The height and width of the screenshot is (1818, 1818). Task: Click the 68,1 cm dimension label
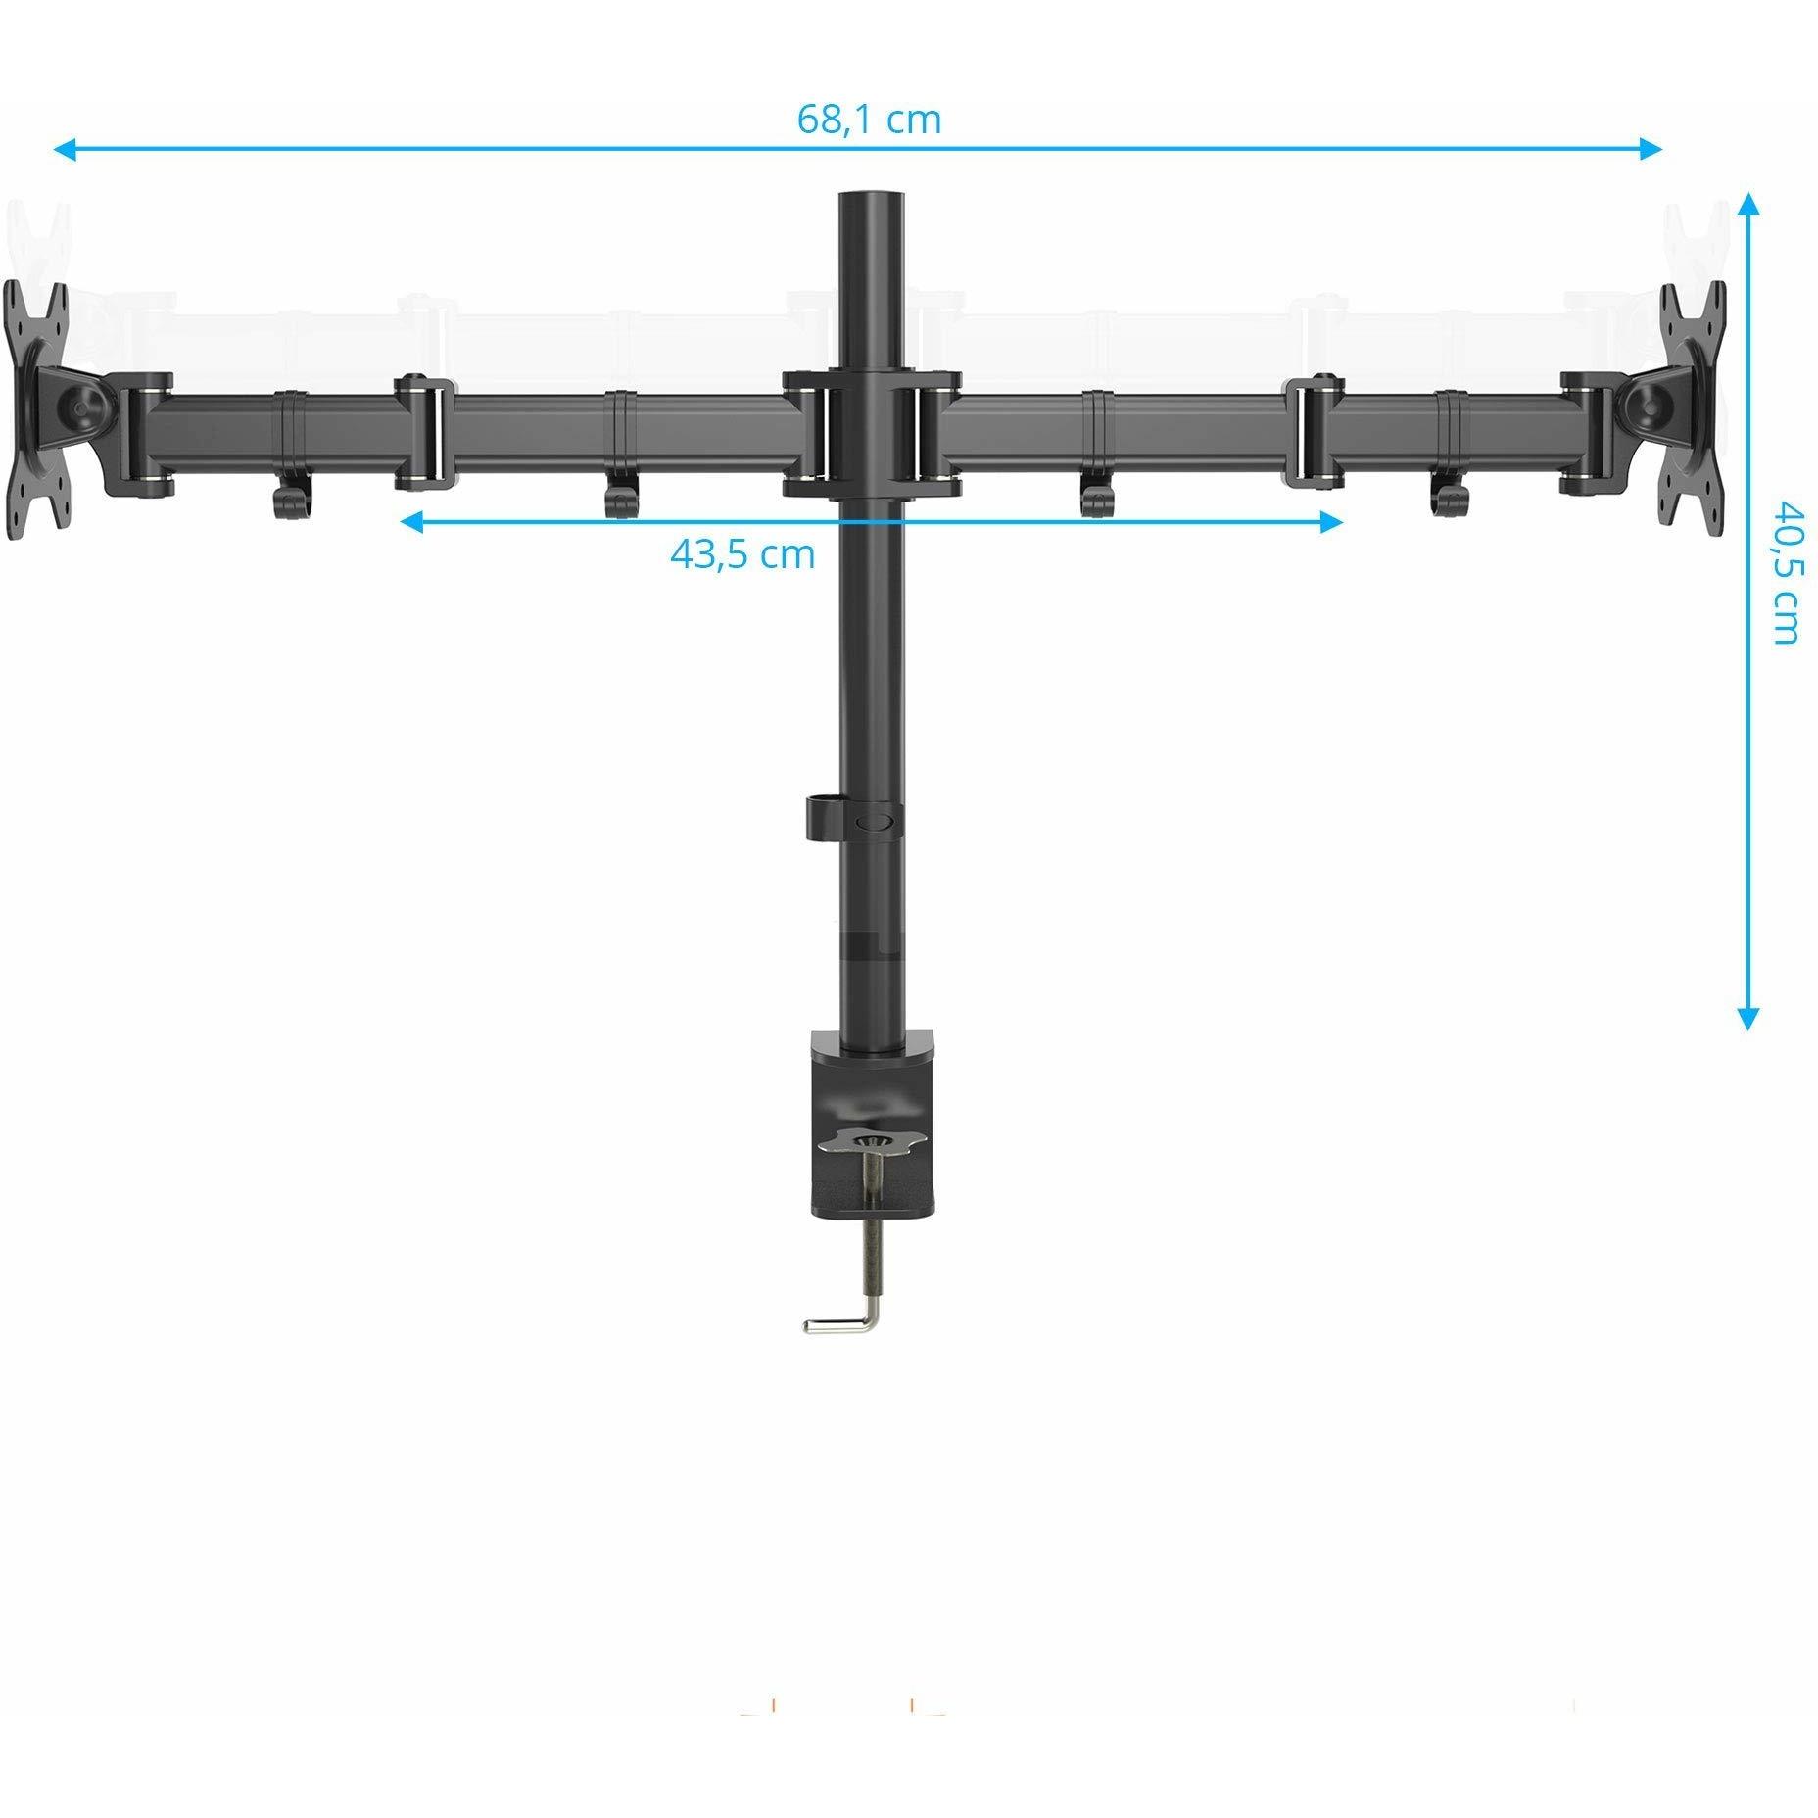click(x=868, y=119)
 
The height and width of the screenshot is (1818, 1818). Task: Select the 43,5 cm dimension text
click(x=742, y=554)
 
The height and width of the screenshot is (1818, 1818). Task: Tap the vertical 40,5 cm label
click(x=1785, y=573)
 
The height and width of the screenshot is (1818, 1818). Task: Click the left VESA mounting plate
click(x=36, y=410)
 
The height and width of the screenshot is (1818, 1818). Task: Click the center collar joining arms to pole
click(x=872, y=432)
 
